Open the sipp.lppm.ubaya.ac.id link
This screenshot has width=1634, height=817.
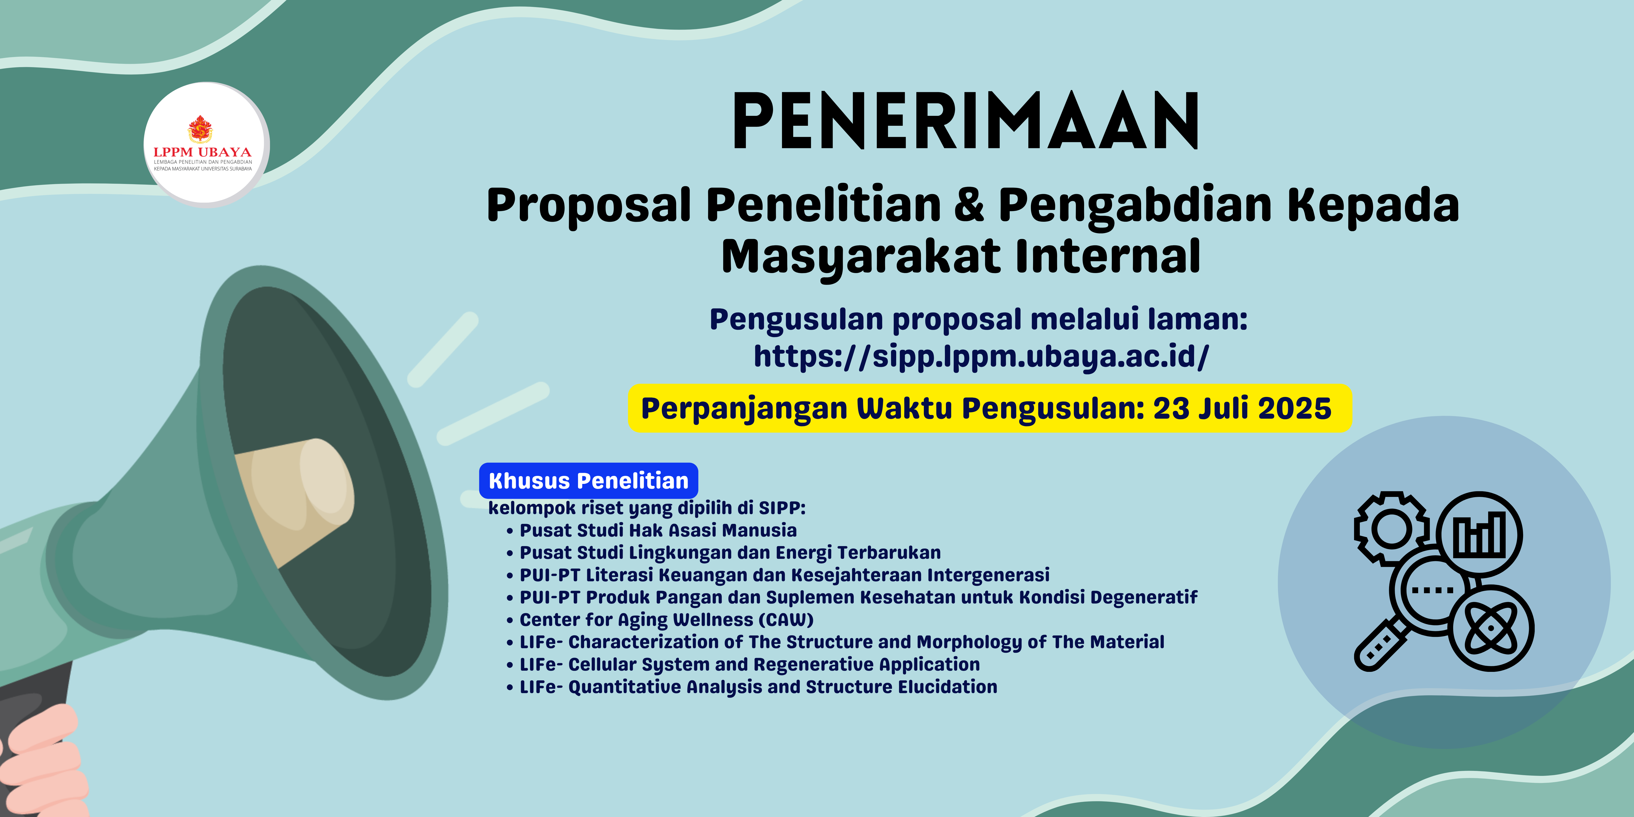pos(981,356)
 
